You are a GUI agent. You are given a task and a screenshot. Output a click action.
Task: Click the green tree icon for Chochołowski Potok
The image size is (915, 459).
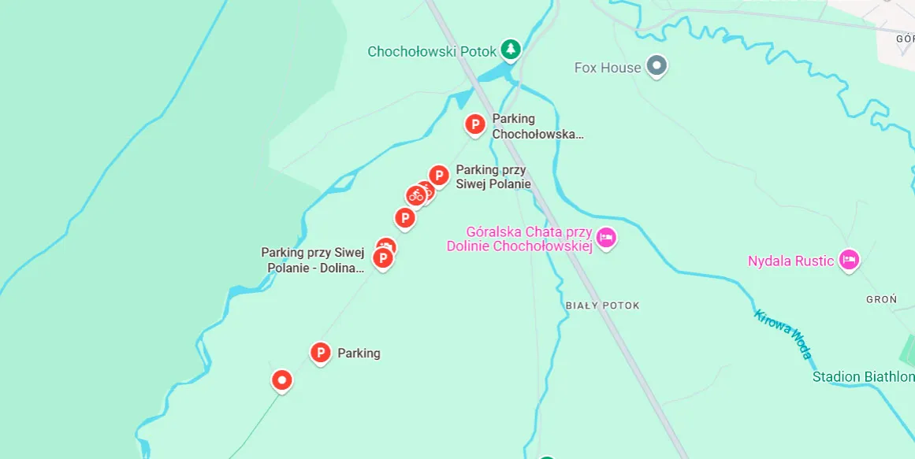tap(511, 50)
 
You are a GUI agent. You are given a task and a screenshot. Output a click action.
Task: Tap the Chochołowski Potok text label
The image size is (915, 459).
tap(432, 52)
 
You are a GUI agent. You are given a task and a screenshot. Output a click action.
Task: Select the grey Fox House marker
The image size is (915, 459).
tap(656, 66)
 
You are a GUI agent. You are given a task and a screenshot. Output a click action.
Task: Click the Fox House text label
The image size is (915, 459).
tap(608, 68)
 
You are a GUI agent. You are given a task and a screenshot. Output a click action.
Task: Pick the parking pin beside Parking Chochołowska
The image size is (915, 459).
tap(474, 124)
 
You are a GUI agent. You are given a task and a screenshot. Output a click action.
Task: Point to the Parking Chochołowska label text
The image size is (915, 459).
tap(537, 126)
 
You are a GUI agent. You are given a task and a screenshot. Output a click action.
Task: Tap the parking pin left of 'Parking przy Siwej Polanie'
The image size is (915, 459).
tap(439, 176)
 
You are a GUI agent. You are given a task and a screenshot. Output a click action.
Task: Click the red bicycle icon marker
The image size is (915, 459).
tap(416, 195)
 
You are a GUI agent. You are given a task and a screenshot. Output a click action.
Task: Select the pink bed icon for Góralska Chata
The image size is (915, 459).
tap(605, 238)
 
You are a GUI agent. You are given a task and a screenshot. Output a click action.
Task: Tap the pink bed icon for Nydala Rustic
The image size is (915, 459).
tap(849, 260)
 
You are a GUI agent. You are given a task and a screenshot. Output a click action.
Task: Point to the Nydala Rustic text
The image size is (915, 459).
tap(790, 261)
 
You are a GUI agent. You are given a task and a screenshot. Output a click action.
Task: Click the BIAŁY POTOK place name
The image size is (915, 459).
tap(602, 305)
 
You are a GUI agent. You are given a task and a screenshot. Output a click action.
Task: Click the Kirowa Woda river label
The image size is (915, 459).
tap(783, 334)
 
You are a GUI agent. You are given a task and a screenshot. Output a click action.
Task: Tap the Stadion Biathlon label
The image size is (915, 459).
tap(863, 377)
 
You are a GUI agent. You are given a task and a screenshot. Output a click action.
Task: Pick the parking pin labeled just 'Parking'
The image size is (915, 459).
tap(320, 354)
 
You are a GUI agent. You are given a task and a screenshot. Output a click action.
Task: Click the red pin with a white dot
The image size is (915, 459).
tap(281, 380)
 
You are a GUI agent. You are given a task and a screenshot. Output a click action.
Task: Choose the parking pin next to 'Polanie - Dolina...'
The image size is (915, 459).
tap(382, 258)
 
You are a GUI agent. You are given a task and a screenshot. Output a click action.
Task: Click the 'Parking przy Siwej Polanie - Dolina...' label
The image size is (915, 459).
tap(313, 260)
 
